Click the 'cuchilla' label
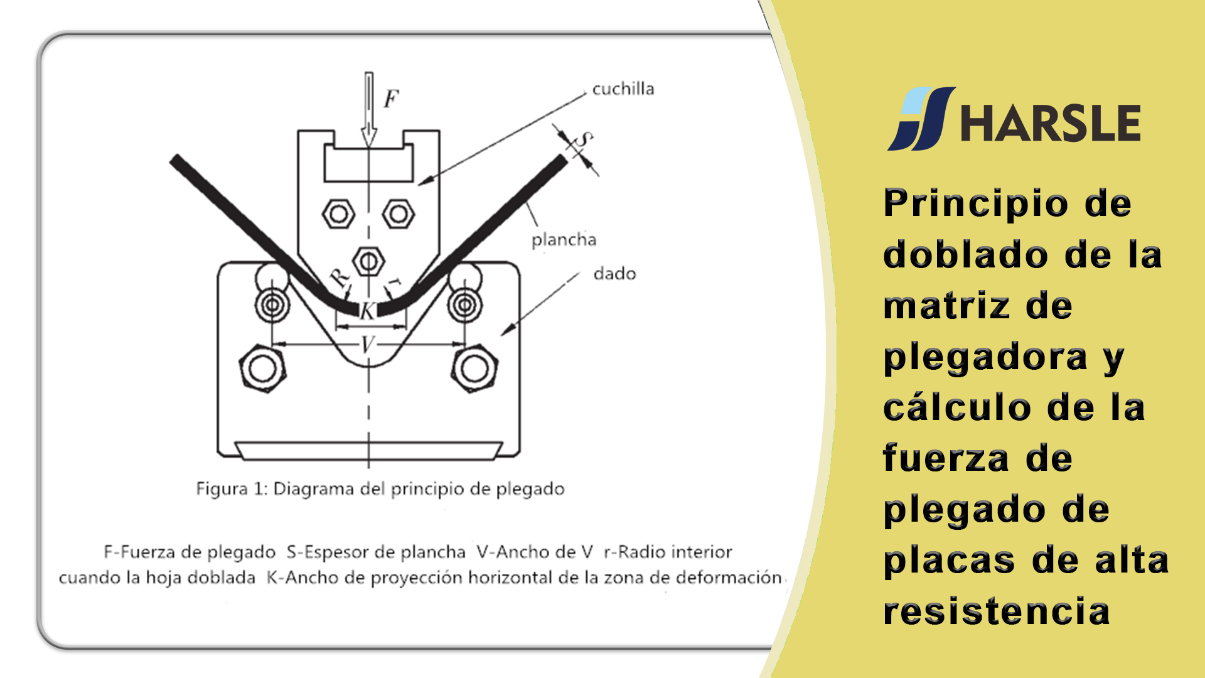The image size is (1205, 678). [x=623, y=89]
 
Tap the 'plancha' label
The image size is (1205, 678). [x=564, y=240]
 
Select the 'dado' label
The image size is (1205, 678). [x=614, y=274]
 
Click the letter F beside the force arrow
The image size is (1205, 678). [x=391, y=99]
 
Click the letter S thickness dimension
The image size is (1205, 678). [x=584, y=139]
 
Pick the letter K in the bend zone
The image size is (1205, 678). [x=367, y=311]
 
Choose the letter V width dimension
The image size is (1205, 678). [x=368, y=345]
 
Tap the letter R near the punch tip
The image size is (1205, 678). [x=340, y=277]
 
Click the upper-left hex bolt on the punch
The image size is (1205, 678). [x=338, y=214]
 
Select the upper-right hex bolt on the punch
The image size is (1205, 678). [x=399, y=214]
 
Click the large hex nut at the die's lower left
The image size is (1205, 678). [x=263, y=368]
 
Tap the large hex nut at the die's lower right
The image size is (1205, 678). [x=474, y=368]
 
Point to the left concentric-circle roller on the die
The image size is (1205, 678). [x=272, y=306]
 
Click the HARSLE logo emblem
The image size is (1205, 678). [x=921, y=119]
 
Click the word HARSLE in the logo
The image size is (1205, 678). [x=1051, y=123]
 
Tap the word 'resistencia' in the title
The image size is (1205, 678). [x=997, y=611]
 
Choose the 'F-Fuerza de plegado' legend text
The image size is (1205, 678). [x=190, y=552]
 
